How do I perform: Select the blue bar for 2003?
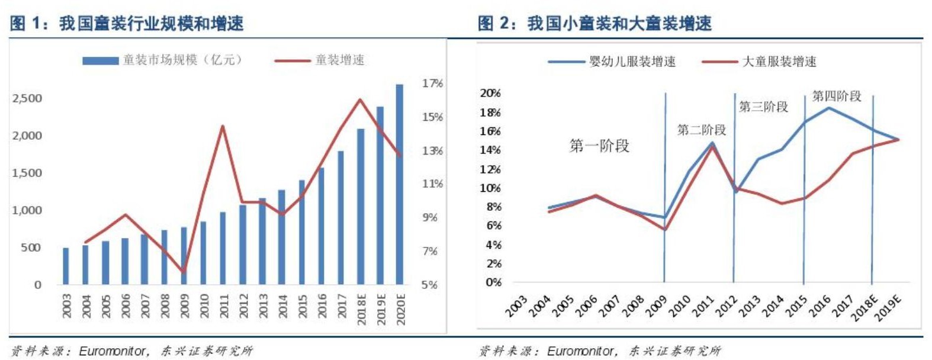66,266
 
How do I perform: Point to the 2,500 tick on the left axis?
27,98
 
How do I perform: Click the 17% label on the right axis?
432,83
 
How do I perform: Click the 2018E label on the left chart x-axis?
361,308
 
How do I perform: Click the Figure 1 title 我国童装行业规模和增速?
151,24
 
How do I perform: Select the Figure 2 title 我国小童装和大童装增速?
619,24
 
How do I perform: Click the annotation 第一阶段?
599,146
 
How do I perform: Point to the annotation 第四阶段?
836,96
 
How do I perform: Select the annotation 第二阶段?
701,130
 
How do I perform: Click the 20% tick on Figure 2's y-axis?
490,93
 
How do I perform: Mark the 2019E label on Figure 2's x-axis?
888,307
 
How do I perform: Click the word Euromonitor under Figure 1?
112,351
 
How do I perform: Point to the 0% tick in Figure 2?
493,282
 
